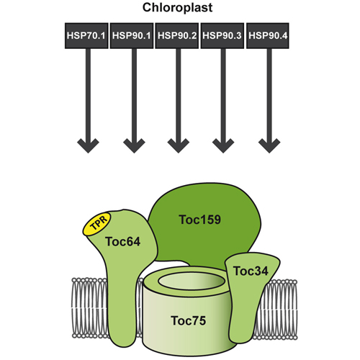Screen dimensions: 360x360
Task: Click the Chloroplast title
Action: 177,8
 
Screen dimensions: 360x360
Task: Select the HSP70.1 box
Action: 86,36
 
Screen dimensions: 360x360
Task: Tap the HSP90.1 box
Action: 132,36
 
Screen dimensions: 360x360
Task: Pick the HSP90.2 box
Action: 177,36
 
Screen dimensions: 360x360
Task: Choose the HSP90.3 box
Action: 222,36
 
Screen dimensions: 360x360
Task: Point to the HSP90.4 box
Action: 268,36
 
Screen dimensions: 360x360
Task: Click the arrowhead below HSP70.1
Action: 88,145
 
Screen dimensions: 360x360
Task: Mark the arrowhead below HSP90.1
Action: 134,145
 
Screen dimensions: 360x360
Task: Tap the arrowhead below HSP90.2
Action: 179,145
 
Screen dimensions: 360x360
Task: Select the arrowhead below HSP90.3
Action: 223,145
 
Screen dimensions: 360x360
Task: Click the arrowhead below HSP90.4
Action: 269,145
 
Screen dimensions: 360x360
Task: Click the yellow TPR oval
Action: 97,224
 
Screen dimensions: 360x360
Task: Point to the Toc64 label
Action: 122,241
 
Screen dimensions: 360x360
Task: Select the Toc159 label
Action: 200,220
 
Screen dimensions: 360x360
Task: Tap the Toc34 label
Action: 251,271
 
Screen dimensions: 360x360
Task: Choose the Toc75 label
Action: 189,320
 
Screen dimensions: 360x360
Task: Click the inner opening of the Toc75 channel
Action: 192,281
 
